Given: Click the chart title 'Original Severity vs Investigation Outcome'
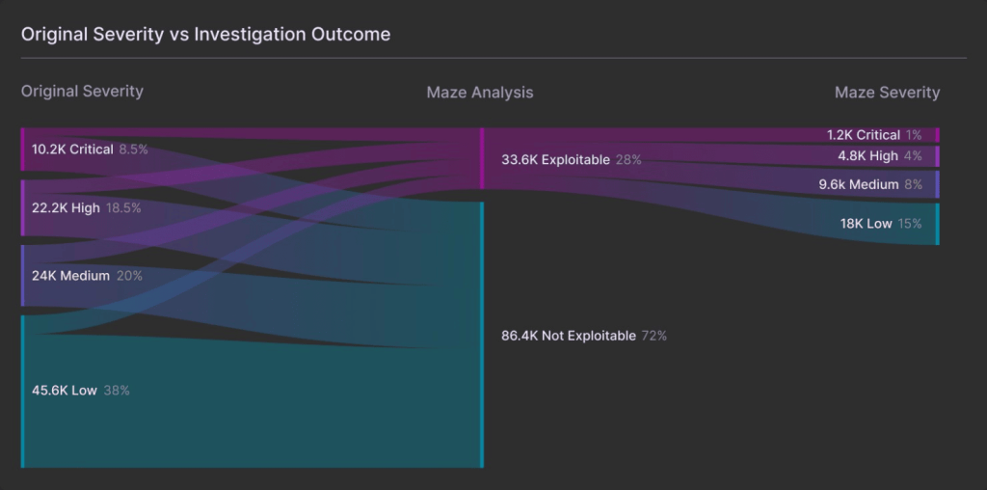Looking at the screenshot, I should [x=205, y=34].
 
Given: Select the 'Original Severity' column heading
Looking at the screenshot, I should [x=82, y=91].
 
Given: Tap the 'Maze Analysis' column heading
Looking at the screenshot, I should [x=479, y=93].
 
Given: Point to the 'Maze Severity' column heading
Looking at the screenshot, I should [x=887, y=93].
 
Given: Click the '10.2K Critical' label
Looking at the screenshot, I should [x=72, y=150].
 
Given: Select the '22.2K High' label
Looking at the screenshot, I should [x=66, y=207].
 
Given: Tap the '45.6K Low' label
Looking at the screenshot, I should [x=65, y=391].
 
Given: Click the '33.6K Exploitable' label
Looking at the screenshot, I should [x=555, y=159].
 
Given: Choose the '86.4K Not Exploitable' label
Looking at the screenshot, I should [x=569, y=336].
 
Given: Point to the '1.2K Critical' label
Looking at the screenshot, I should [x=863, y=135].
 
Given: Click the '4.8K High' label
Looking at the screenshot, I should [x=867, y=155].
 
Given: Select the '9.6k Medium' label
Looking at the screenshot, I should [x=858, y=184].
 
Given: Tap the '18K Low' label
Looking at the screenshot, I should [x=866, y=223].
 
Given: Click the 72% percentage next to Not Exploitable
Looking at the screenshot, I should [x=654, y=336].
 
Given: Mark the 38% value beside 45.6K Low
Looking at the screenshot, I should [x=117, y=391].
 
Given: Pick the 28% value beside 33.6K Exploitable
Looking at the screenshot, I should [x=628, y=159].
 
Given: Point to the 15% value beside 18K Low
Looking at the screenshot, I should [x=910, y=223].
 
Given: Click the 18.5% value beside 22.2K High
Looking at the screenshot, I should [x=123, y=207].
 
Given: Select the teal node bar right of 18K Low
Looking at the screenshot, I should [x=937, y=224].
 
